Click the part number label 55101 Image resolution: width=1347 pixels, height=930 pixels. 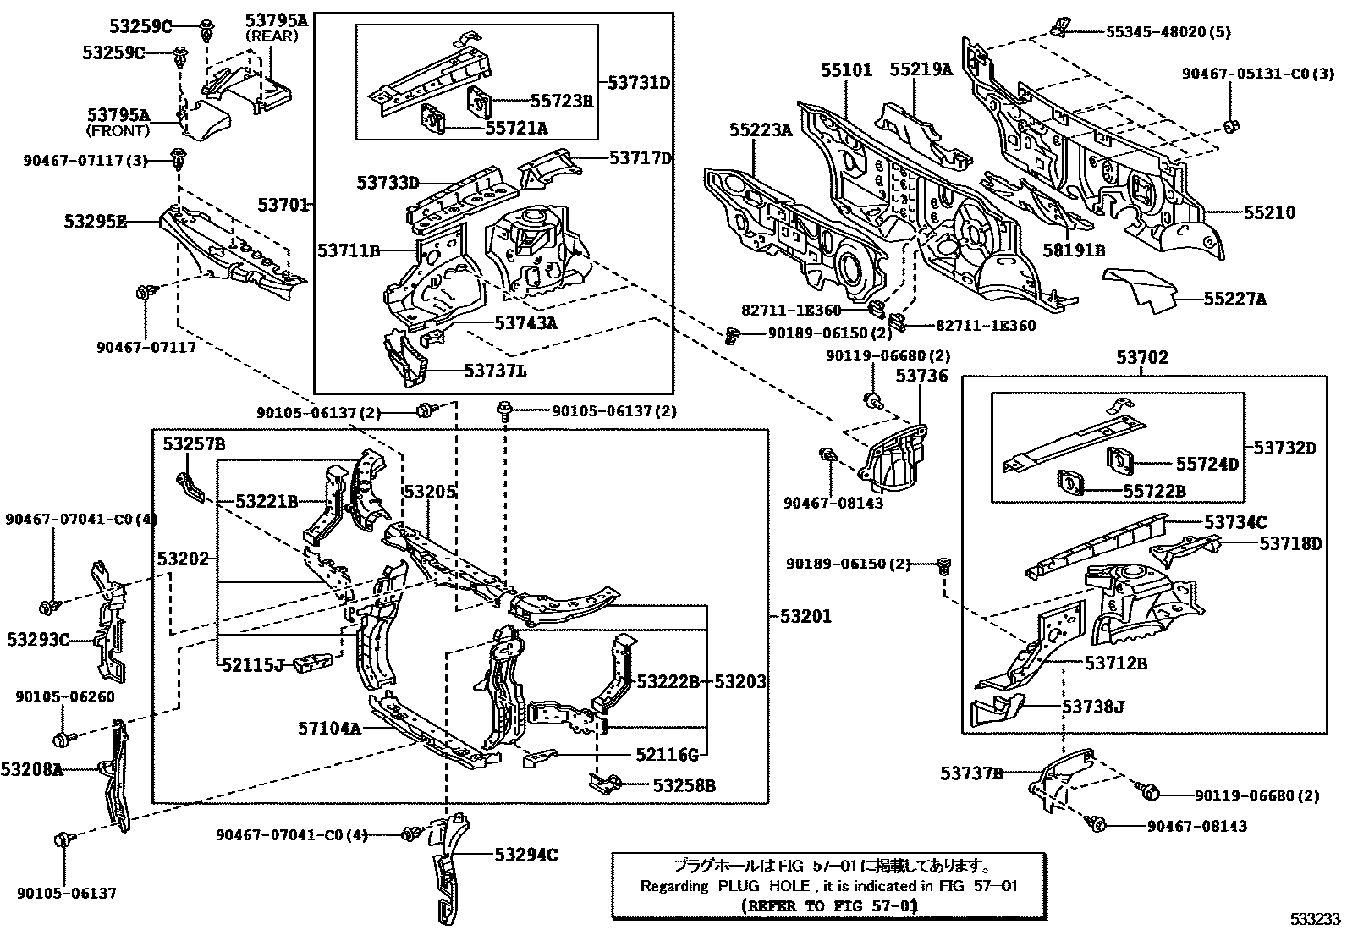pyautogui.click(x=845, y=70)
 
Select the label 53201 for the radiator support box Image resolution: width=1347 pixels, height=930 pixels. pyautogui.click(x=804, y=617)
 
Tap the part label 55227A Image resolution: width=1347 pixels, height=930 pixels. pyautogui.click(x=1235, y=299)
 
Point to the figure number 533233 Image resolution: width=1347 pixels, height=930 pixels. pyautogui.click(x=1315, y=919)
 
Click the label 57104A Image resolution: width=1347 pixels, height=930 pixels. pyautogui.click(x=328, y=727)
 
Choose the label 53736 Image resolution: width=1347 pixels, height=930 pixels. pyautogui.click(x=921, y=376)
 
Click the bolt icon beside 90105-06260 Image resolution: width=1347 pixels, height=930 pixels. pyautogui.click(x=61, y=738)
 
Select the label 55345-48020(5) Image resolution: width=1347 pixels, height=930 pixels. pyautogui.click(x=1168, y=32)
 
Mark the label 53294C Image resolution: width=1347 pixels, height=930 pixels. pyautogui.click(x=526, y=856)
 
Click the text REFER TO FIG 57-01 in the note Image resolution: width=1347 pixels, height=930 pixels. pyautogui.click(x=828, y=905)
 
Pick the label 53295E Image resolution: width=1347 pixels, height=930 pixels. pyautogui.click(x=95, y=222)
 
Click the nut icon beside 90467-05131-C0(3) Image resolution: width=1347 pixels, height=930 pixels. pyautogui.click(x=1232, y=128)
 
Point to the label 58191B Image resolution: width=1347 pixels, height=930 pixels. pyautogui.click(x=1074, y=250)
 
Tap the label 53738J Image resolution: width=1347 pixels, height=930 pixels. pyautogui.click(x=1093, y=706)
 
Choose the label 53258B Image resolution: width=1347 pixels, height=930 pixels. pyautogui.click(x=684, y=785)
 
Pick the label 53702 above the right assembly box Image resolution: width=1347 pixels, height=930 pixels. pyautogui.click(x=1141, y=358)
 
